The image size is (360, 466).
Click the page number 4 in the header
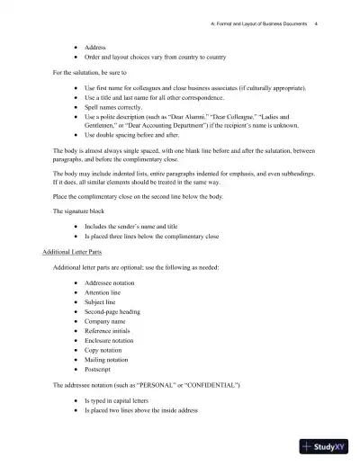tap(316, 24)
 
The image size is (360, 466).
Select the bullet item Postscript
tap(101, 369)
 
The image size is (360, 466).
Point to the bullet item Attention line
tap(106, 293)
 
